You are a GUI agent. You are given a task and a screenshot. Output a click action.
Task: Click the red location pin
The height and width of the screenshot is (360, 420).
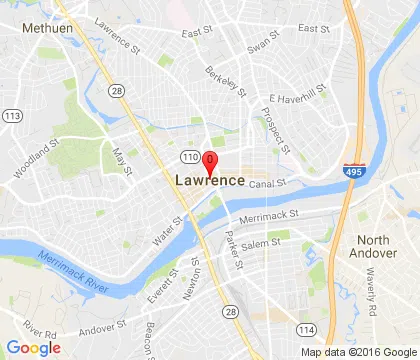210,162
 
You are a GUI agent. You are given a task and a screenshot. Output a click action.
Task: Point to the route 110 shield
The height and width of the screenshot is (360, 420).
189,158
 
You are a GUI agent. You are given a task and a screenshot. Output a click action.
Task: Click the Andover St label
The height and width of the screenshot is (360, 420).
104,326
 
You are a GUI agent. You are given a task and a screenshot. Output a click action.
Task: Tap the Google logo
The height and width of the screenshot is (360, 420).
33,347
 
